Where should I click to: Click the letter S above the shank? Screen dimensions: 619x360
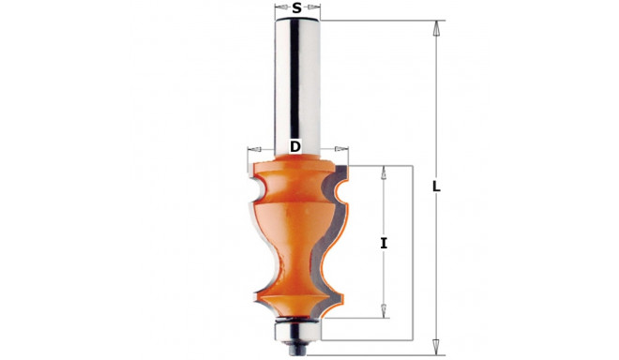(x=297, y=7)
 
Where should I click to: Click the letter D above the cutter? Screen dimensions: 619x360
(x=294, y=146)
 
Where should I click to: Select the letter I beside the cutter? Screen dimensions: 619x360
(x=384, y=244)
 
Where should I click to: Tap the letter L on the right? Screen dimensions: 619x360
(x=436, y=187)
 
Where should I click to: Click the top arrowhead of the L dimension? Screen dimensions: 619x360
(x=436, y=28)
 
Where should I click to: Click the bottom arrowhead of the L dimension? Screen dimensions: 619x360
(x=436, y=347)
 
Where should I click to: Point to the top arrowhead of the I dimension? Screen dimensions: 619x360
(x=384, y=172)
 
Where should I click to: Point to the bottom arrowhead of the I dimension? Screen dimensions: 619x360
(x=384, y=310)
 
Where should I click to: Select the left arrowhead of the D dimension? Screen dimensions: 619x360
(x=254, y=149)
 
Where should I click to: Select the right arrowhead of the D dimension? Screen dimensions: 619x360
(x=341, y=149)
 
